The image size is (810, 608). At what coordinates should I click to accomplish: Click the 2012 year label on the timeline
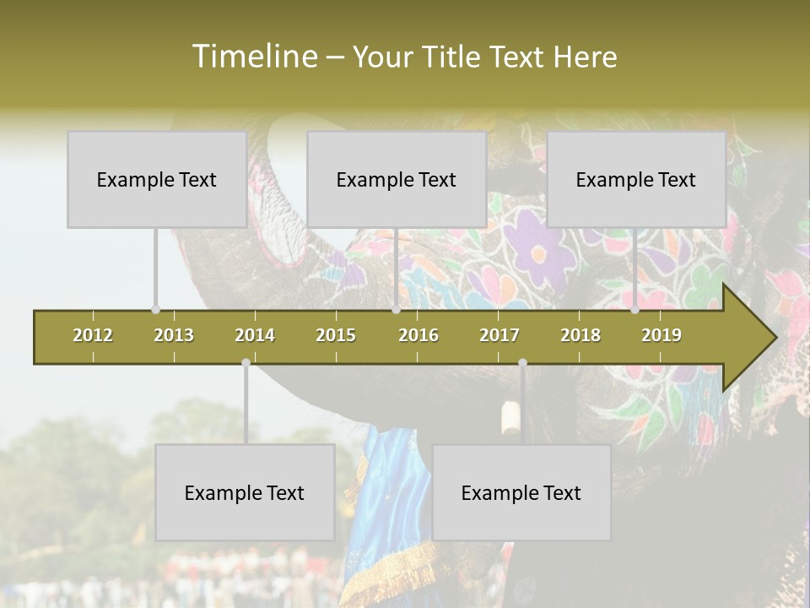[x=93, y=335]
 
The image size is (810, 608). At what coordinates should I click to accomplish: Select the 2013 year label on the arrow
[x=174, y=335]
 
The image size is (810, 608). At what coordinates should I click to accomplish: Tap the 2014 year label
[x=255, y=335]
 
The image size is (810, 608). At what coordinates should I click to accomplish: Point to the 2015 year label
[x=336, y=335]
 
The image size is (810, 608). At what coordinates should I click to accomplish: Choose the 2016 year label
[x=418, y=335]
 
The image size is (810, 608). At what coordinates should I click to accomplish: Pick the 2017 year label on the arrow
[x=499, y=335]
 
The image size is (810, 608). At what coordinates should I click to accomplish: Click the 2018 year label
[x=580, y=335]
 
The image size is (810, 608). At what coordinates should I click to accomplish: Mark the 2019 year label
[x=661, y=335]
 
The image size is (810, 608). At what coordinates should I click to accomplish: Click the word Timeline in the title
[x=252, y=57]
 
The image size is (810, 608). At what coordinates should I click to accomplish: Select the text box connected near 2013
[x=157, y=179]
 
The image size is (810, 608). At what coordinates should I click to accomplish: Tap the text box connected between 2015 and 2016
[x=397, y=179]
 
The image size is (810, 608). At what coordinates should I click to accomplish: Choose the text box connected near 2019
[x=636, y=179]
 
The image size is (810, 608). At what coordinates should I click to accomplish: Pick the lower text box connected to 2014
[x=245, y=492]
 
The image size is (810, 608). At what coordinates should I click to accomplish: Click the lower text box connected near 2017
[x=521, y=492]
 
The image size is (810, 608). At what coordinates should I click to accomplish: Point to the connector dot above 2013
[x=155, y=310]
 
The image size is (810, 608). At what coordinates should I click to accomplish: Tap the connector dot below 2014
[x=246, y=362]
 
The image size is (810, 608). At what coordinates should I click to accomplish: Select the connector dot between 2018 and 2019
[x=635, y=310]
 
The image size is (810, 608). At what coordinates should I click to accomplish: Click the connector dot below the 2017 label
[x=522, y=362]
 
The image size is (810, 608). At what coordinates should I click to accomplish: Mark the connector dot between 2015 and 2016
[x=396, y=310]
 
